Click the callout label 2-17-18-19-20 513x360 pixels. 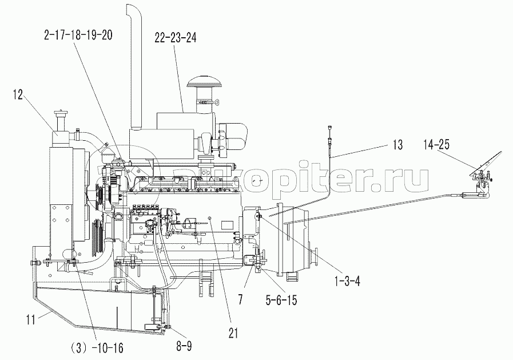pyautogui.click(x=77, y=35)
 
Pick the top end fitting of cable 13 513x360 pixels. pyautogui.click(x=331, y=129)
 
